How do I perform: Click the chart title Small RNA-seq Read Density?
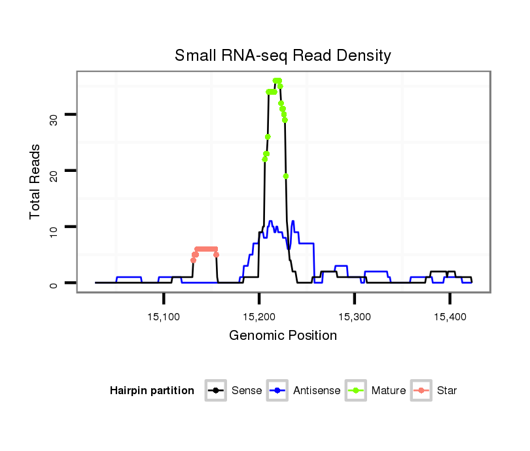(x=283, y=56)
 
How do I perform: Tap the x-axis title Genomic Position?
(x=283, y=336)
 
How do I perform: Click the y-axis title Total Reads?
(x=36, y=182)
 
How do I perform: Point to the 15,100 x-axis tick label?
(x=164, y=317)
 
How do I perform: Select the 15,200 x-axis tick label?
(x=259, y=317)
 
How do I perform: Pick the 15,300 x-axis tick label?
(x=354, y=317)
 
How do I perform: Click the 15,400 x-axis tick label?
(x=450, y=317)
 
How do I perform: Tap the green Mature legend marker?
(x=355, y=391)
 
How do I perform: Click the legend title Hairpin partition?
(x=152, y=391)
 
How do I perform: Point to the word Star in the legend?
(x=446, y=391)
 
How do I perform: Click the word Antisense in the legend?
(x=317, y=391)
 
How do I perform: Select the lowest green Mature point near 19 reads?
(x=286, y=176)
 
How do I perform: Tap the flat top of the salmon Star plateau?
(x=206, y=249)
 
